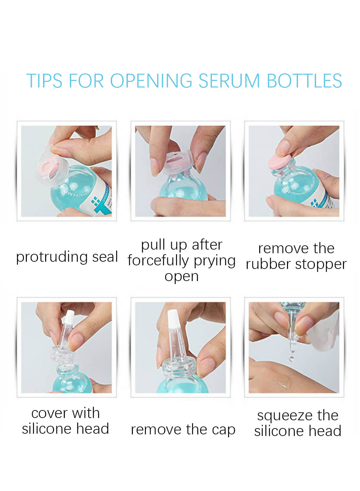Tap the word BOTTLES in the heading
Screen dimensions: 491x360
click(304, 81)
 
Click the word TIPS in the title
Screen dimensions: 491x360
click(44, 81)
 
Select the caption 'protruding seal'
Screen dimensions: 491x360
click(67, 257)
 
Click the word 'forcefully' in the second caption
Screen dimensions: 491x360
click(158, 261)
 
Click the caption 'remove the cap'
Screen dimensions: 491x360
click(183, 429)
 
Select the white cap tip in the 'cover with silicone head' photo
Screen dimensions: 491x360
click(69, 317)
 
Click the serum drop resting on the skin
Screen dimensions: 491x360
click(283, 382)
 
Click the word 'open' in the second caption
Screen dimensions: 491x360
click(181, 276)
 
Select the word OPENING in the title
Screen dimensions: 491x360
click(151, 81)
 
